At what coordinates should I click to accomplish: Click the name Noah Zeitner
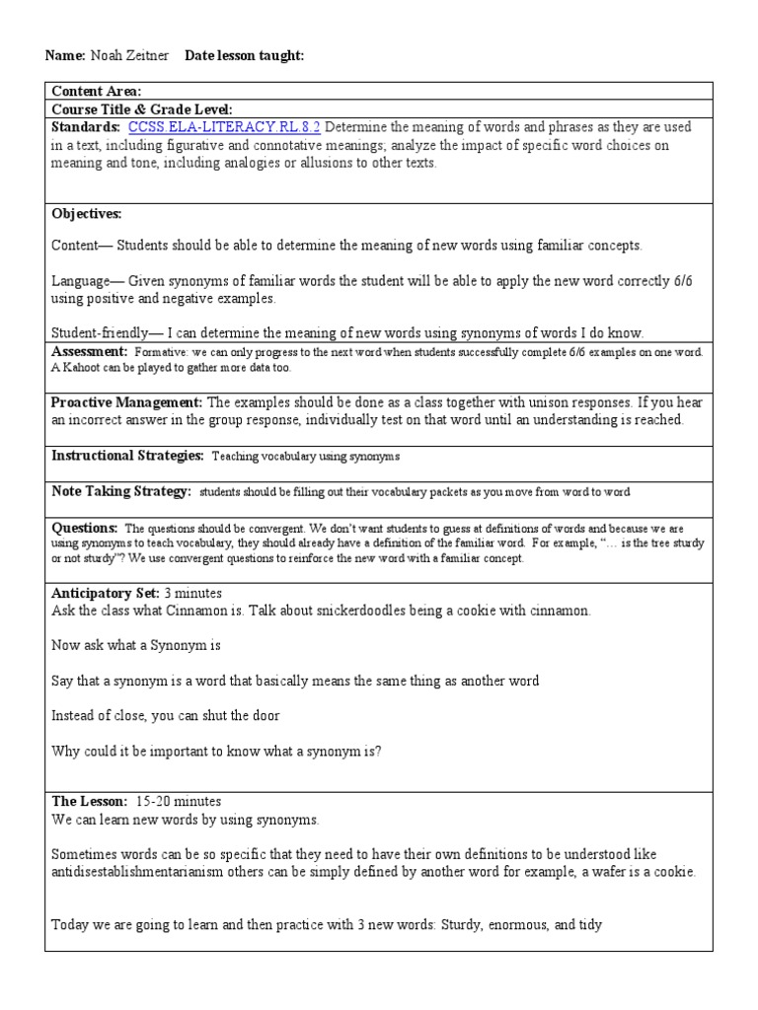click(130, 57)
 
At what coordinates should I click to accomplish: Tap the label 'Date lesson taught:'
click(244, 57)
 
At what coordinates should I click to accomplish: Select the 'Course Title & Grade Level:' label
click(142, 109)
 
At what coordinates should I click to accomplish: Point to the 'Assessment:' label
click(89, 352)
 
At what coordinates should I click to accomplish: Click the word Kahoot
click(82, 368)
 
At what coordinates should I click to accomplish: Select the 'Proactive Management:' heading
click(127, 402)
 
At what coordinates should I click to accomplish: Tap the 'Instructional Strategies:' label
click(127, 456)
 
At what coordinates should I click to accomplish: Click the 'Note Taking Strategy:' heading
click(120, 491)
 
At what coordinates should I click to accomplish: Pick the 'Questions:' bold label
click(84, 528)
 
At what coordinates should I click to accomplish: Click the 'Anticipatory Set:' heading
click(106, 593)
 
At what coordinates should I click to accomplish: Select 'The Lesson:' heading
click(89, 801)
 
